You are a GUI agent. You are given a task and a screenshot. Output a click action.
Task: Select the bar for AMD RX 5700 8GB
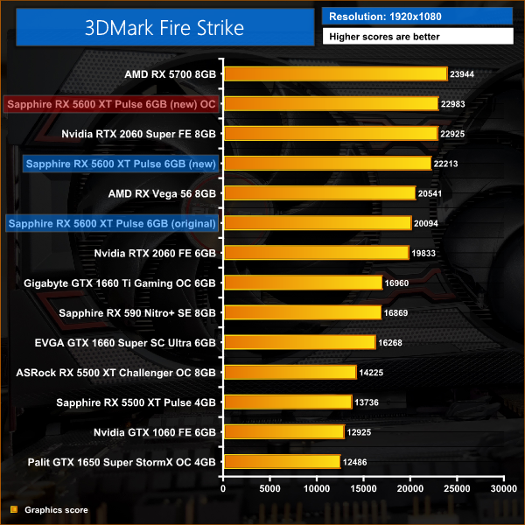pyautogui.click(x=335, y=74)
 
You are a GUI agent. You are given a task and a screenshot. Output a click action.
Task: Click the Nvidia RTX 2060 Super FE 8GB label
pyautogui.click(x=138, y=134)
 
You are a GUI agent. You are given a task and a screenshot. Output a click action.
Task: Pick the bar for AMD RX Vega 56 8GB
pyautogui.click(x=319, y=192)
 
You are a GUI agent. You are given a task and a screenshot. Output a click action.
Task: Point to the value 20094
pyautogui.click(x=426, y=223)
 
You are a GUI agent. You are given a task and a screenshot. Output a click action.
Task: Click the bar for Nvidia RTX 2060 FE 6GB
pyautogui.click(x=316, y=253)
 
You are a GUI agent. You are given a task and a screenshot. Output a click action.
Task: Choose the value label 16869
pyautogui.click(x=396, y=312)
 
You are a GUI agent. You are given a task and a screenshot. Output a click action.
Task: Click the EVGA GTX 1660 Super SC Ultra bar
pyautogui.click(x=299, y=342)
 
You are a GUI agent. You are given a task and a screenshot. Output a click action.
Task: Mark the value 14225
pyautogui.click(x=372, y=372)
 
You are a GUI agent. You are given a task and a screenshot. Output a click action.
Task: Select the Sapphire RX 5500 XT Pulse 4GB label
pyautogui.click(x=136, y=402)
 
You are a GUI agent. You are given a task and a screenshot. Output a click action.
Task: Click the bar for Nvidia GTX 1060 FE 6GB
pyautogui.click(x=283, y=431)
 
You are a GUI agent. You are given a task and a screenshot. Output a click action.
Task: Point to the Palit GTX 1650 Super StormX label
pyautogui.click(x=122, y=461)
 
